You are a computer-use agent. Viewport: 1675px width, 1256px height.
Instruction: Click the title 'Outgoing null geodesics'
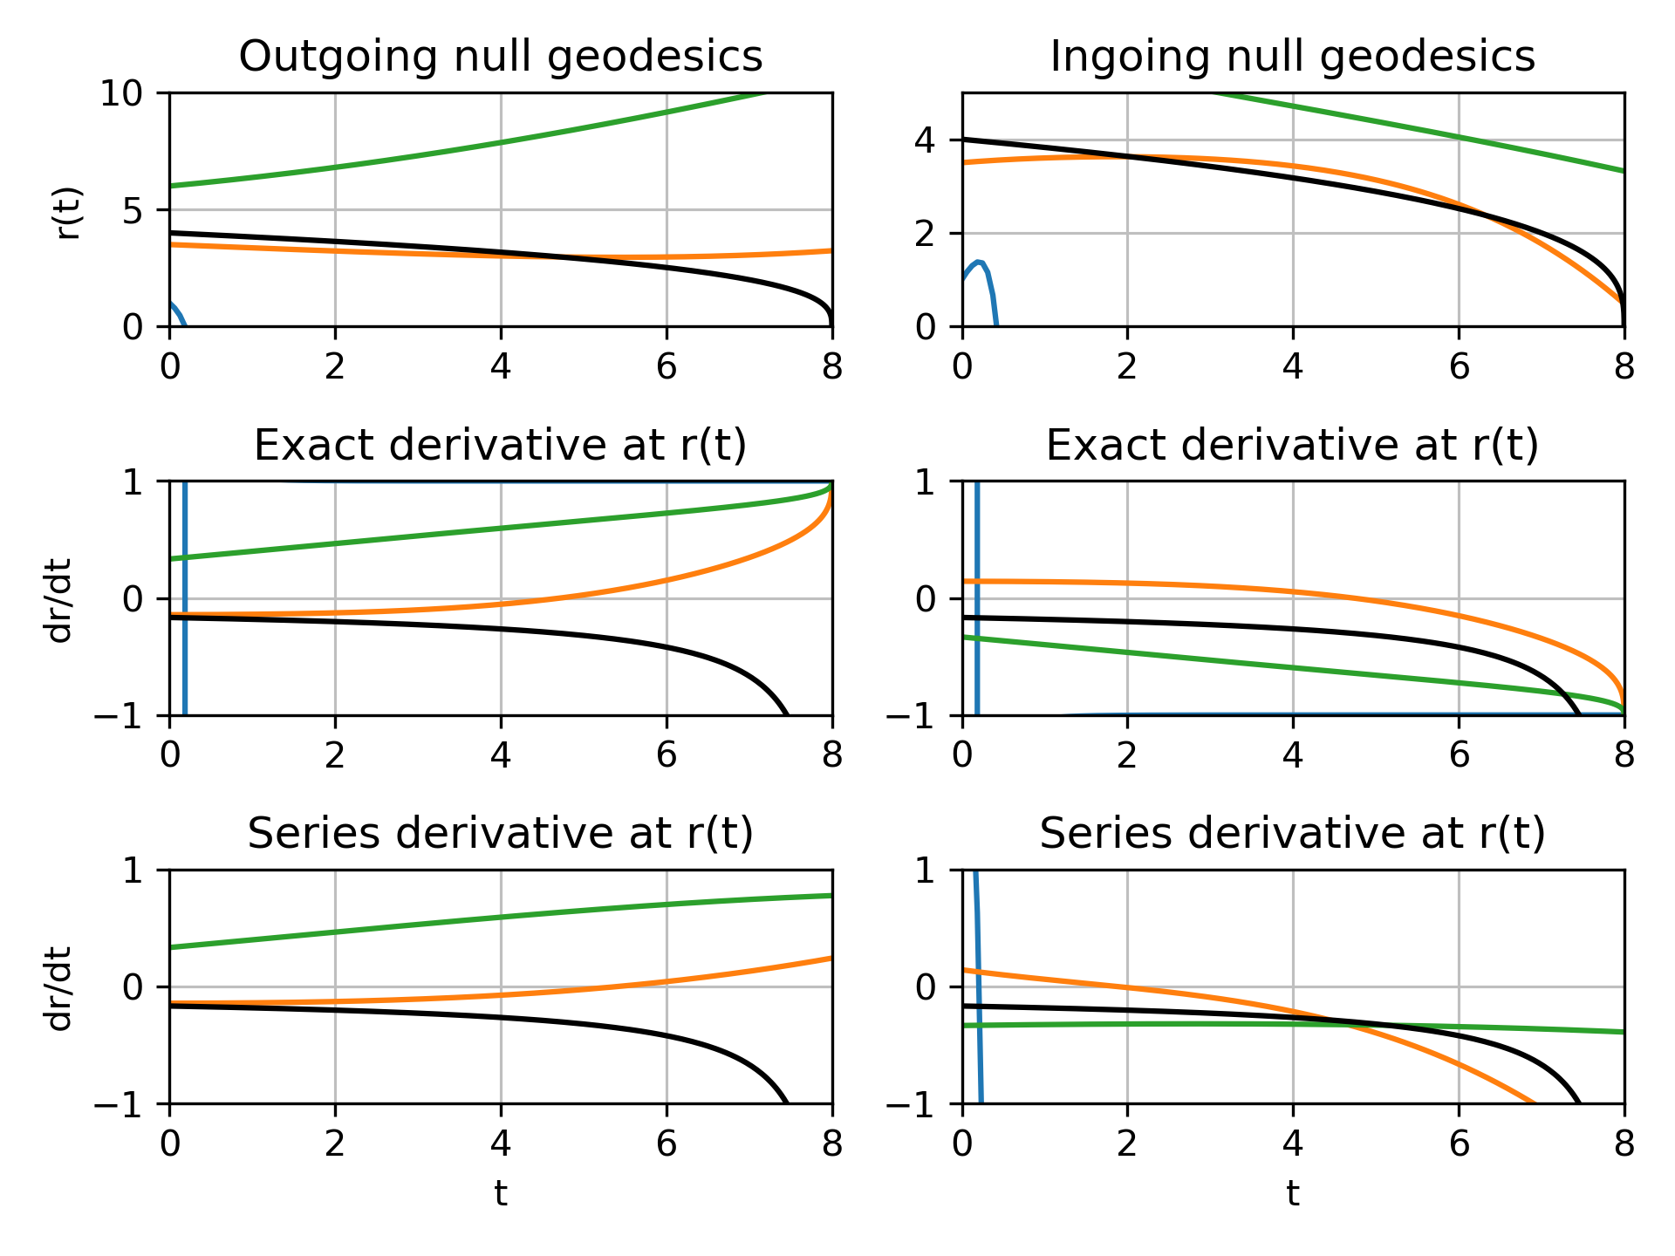(x=501, y=57)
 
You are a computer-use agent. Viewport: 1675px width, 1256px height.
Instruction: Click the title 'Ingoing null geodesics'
(x=1292, y=57)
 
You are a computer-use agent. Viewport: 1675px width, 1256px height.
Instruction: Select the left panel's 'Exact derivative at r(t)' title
(x=501, y=446)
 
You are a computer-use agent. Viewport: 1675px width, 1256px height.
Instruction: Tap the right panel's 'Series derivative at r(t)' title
(x=1292, y=834)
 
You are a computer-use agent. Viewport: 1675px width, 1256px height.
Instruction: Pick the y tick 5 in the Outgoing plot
(x=133, y=210)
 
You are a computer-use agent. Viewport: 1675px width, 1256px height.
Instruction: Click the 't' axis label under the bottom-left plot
(x=501, y=1193)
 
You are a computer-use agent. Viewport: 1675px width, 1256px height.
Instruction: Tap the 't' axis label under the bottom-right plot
(x=1292, y=1193)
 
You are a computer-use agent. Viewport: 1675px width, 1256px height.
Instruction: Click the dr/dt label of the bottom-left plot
(x=59, y=987)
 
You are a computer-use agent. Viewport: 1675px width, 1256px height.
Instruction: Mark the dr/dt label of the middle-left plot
(x=59, y=599)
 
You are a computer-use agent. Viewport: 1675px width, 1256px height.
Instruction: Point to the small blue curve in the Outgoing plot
(x=175, y=311)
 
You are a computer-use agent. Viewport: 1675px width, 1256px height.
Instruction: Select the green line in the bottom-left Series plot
(x=501, y=918)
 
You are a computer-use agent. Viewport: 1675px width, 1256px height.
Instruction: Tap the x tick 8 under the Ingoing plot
(x=1624, y=367)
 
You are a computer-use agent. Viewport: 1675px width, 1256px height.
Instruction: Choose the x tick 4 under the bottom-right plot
(x=1292, y=1144)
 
